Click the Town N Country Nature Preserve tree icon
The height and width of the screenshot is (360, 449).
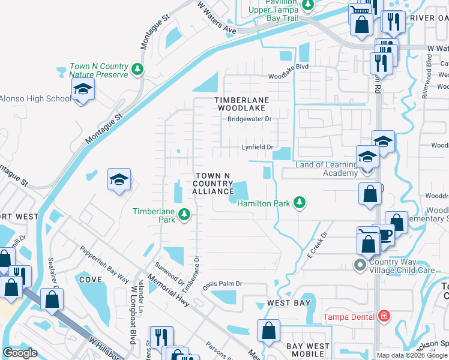[x=138, y=70]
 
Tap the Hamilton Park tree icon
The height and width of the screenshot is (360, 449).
[x=298, y=203]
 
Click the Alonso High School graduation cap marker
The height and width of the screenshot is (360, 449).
[x=82, y=91]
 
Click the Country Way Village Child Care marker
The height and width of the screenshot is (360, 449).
[x=360, y=264]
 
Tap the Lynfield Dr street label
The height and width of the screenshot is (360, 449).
[x=258, y=147]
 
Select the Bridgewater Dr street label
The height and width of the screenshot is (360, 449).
[x=249, y=119]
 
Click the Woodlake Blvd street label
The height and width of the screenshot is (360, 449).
[x=288, y=67]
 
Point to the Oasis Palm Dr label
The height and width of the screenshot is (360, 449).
[x=221, y=284]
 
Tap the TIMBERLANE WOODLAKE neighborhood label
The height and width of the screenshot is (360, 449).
[x=243, y=104]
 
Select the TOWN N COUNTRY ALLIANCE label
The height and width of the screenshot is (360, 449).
[x=213, y=183]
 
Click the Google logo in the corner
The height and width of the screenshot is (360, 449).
[x=20, y=353]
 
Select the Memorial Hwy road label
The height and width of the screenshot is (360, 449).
[x=171, y=293]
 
